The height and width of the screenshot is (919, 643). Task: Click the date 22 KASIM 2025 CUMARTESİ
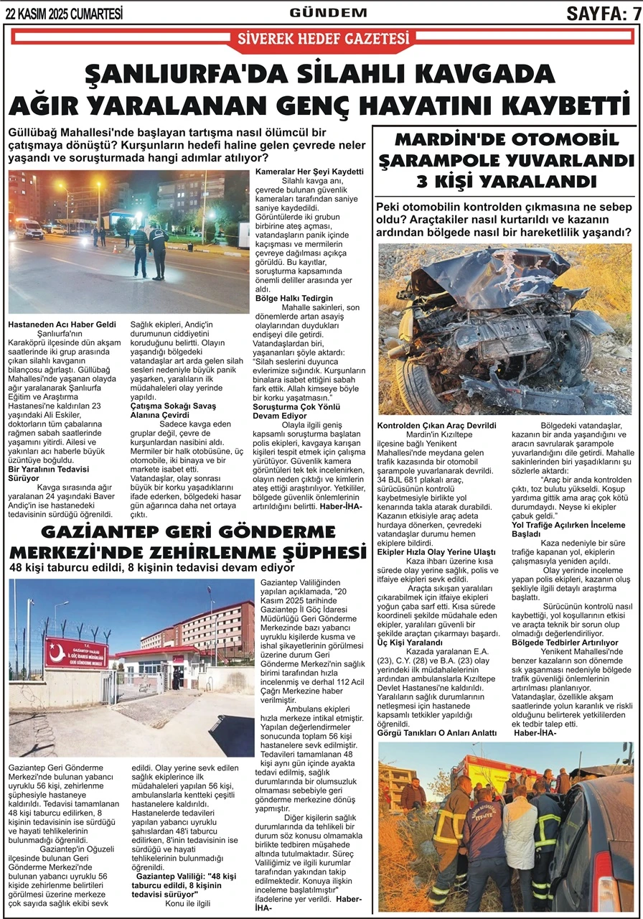(x=64, y=13)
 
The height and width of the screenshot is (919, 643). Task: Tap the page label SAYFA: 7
(x=603, y=13)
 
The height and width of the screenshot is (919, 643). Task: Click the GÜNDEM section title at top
(x=328, y=12)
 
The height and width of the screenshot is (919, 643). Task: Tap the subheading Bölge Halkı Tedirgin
(x=294, y=298)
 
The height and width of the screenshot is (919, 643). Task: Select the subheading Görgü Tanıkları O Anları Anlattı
(x=437, y=732)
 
